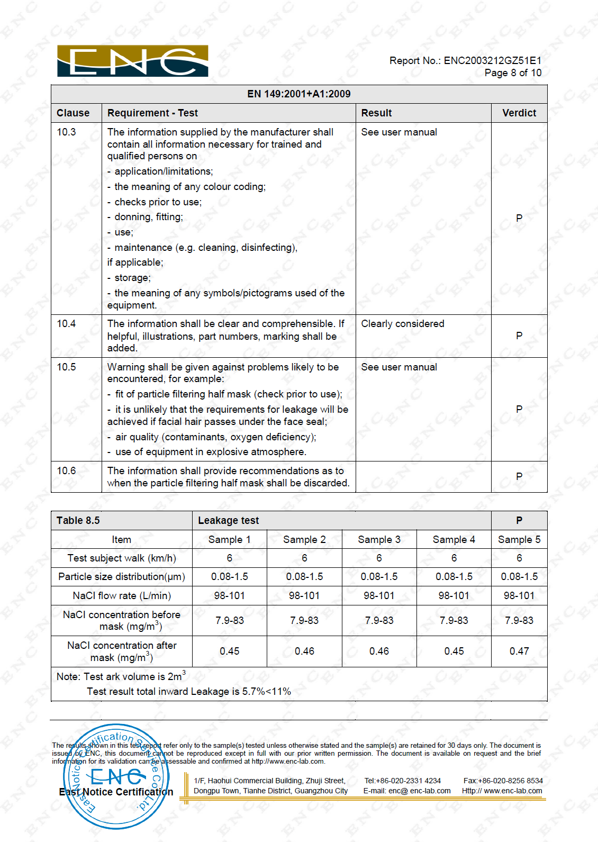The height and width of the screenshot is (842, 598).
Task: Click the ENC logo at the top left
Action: [x=132, y=61]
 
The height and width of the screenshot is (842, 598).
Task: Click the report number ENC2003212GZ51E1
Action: [x=492, y=61]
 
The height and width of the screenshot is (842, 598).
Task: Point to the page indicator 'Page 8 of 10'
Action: [x=513, y=73]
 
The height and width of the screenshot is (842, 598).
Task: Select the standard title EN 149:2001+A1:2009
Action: [x=299, y=94]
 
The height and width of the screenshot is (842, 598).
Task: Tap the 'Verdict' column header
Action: [x=519, y=113]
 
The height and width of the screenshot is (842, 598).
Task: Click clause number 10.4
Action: [x=67, y=324]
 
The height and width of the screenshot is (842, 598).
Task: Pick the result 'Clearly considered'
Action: [x=403, y=324]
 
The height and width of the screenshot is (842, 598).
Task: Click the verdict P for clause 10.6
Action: [x=519, y=476]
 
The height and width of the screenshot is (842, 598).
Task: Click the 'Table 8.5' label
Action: [x=78, y=521]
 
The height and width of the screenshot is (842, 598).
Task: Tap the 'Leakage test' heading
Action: [x=229, y=521]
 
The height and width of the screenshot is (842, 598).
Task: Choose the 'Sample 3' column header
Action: [x=379, y=540]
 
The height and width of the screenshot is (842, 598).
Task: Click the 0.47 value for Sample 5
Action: [x=519, y=651]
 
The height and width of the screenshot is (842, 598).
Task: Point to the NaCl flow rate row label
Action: [x=122, y=596]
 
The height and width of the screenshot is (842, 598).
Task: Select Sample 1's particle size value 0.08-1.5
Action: [x=229, y=577]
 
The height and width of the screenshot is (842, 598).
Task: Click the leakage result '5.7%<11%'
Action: [x=267, y=692]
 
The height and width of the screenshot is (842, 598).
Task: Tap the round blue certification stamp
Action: [x=116, y=776]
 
